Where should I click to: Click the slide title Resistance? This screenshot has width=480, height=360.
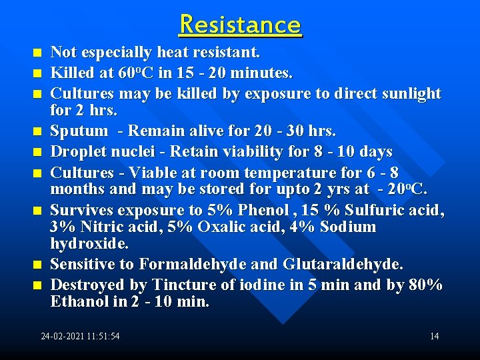point(240,25)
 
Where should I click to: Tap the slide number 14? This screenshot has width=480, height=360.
point(434,336)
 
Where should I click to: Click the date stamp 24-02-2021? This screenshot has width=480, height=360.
point(61,336)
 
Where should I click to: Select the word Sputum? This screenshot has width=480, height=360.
point(79,130)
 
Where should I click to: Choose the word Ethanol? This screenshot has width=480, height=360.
point(79,302)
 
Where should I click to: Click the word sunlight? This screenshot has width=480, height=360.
point(409,93)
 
